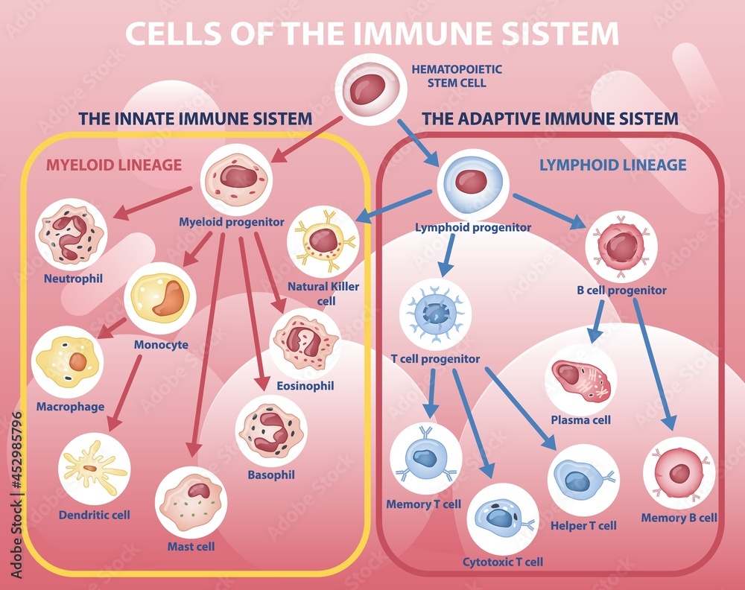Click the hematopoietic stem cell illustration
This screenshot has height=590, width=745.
click(x=370, y=89)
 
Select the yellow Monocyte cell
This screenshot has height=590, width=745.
click(x=161, y=298)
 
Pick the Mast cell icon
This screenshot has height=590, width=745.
click(x=191, y=501)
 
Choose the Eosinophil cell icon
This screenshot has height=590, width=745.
click(x=305, y=343)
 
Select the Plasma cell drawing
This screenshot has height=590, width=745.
click(x=581, y=379)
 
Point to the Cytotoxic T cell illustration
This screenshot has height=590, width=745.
click(x=502, y=518)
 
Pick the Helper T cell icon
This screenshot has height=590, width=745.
click(x=583, y=480)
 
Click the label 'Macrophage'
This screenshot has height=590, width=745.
click(x=70, y=407)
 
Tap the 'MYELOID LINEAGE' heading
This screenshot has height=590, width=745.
click(x=114, y=165)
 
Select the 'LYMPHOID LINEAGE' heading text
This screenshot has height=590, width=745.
click(x=612, y=165)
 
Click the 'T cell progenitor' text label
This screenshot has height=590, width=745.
click(x=435, y=358)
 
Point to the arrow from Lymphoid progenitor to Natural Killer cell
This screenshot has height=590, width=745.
click(x=395, y=206)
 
